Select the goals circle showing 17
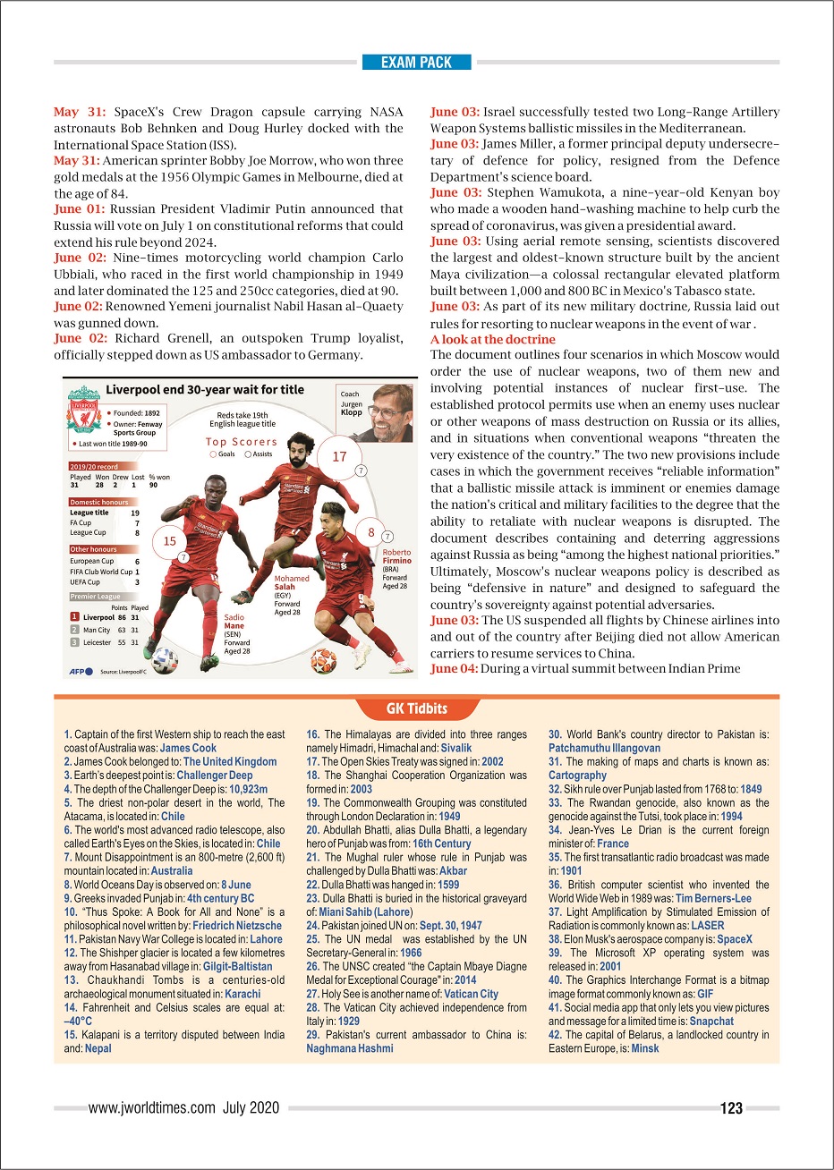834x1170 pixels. coord(339,456)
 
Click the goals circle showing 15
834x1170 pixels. coord(169,540)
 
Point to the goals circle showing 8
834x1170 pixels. coord(370,532)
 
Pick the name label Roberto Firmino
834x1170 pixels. coord(396,556)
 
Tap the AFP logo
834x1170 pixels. coord(80,670)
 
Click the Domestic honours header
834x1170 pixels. coord(99,502)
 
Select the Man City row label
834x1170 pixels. coord(96,630)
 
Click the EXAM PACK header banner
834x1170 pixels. coord(416,63)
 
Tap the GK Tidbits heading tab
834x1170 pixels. coord(417,708)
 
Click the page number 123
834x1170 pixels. coord(731,1108)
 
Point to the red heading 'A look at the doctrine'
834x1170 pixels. coord(493,340)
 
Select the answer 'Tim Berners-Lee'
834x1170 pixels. coord(713,898)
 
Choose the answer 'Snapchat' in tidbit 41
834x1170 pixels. coord(711,1021)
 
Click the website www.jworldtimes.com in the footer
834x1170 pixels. coord(151,1108)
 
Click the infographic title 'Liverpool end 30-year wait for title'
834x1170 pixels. coord(205,389)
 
